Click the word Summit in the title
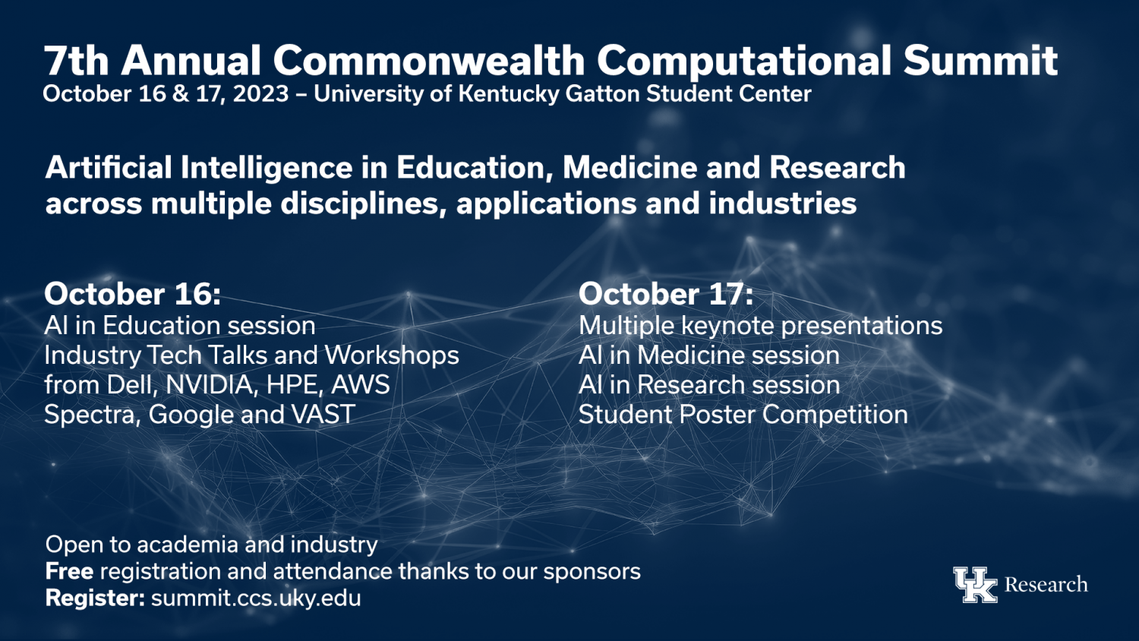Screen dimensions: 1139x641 pos(980,61)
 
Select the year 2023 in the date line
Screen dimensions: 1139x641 pos(261,94)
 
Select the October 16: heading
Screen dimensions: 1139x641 pos(133,294)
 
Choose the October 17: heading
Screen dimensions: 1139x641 pos(666,294)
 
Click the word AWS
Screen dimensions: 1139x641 pos(361,384)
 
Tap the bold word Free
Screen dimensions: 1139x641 pos(69,571)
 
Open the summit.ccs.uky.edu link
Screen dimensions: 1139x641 pos(257,598)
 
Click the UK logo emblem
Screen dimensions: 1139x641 pos(975,585)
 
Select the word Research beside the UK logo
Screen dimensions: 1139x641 pos(1046,585)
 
